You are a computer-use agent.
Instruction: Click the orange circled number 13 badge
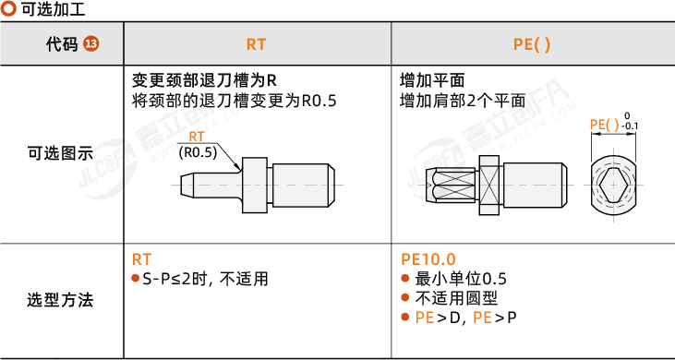pos(90,44)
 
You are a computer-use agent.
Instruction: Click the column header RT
pos(256,44)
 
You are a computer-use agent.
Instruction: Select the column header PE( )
pos(532,44)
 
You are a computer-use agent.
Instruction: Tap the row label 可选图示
pos(60,153)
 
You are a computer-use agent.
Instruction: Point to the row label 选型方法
pos(60,300)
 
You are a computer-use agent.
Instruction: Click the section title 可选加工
pos(53,9)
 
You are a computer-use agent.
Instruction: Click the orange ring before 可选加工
pos(8,9)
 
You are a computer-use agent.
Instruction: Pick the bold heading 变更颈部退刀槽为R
pos(203,80)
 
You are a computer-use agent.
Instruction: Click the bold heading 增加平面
pos(432,80)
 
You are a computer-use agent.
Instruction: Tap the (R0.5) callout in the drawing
pos(198,152)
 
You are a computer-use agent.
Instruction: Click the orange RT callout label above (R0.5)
pos(197,137)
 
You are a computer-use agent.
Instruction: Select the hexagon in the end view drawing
pos(611,186)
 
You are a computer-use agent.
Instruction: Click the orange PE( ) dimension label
pos(605,125)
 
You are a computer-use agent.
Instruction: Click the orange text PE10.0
pos(428,259)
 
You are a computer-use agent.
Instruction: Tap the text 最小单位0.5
pos(461,279)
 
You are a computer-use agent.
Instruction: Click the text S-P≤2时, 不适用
pos(205,279)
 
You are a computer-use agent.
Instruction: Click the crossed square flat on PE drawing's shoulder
pos(490,186)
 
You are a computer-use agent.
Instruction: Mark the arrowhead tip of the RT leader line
pos(239,169)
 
